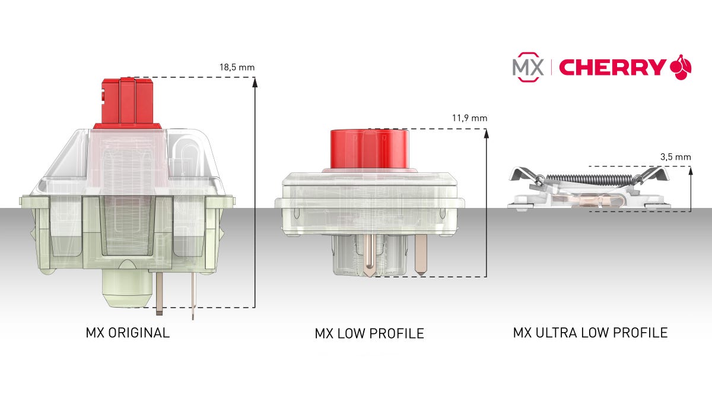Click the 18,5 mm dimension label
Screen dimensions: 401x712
[x=237, y=67]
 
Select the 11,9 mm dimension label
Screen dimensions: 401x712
[x=469, y=118]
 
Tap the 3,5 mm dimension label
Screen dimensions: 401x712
[x=675, y=157]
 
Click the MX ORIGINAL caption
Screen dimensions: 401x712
[x=128, y=332]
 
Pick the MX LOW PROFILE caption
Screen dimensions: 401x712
[x=369, y=333]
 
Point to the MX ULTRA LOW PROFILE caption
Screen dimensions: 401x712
[x=590, y=332]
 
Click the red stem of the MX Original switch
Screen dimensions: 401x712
[x=128, y=101]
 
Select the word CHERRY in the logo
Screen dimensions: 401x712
[x=612, y=68]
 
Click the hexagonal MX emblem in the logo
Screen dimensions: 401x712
[x=527, y=68]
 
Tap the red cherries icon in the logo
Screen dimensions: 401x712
[x=680, y=67]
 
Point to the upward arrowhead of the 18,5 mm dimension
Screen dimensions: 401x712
[x=254, y=83]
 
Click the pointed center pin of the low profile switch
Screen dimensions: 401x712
[x=369, y=255]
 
